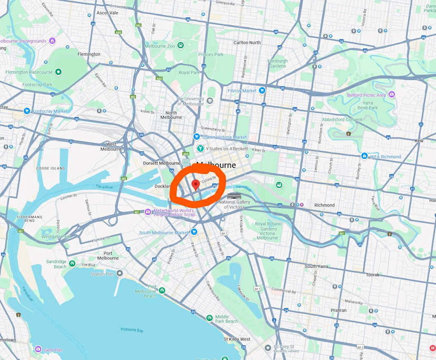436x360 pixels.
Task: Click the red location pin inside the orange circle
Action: (x=195, y=184)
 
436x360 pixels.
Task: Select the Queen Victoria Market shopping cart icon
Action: (x=197, y=136)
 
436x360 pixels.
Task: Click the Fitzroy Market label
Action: (x=242, y=91)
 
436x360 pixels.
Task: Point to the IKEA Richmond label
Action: (x=384, y=156)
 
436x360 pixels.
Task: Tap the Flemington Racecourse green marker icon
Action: (x=58, y=72)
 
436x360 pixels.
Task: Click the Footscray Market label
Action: (x=50, y=111)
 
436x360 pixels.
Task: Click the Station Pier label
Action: (x=102, y=274)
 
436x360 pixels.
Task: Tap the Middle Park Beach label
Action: (x=226, y=319)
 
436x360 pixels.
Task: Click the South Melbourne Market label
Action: (x=163, y=232)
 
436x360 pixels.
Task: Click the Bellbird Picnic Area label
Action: (x=366, y=95)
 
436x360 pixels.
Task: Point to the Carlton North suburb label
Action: (x=247, y=43)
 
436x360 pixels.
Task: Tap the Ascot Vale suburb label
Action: (x=107, y=12)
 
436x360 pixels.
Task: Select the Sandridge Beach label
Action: (x=56, y=264)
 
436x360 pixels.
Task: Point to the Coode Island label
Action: (x=51, y=168)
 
